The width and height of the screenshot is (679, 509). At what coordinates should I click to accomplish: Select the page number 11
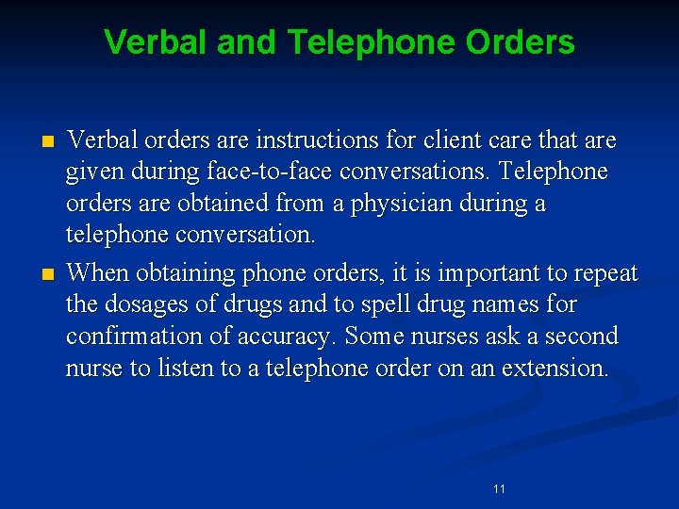[499, 488]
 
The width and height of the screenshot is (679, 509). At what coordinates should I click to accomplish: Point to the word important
[457, 273]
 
